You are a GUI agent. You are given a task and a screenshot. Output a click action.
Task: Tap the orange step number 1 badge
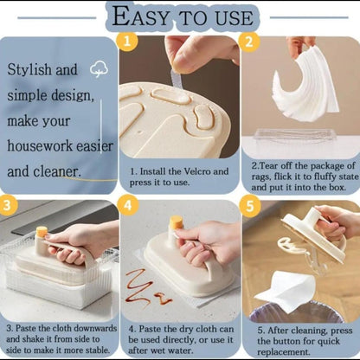tap(126, 42)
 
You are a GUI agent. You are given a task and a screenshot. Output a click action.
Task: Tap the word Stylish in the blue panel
tap(34, 69)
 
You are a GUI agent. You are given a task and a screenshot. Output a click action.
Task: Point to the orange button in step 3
tap(41, 232)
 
